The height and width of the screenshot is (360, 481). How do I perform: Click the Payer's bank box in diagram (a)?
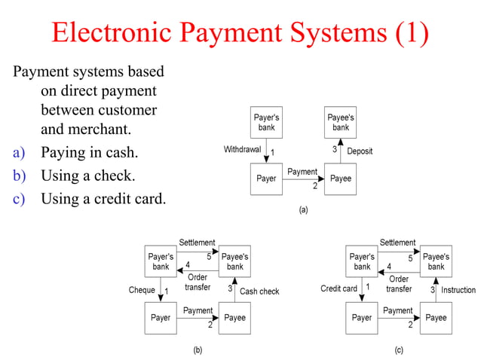pos(267,123)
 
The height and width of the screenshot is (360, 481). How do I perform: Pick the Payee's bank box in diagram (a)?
pos(341,123)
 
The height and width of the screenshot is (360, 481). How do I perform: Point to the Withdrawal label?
pos(242,150)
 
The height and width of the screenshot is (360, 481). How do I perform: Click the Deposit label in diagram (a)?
pos(360,151)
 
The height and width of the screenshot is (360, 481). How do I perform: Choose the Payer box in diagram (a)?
pos(267,179)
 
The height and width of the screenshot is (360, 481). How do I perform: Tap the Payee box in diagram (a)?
pos(341,179)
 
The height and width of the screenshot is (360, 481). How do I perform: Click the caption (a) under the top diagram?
pos(303,210)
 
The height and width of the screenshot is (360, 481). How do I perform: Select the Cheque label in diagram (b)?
pos(142,290)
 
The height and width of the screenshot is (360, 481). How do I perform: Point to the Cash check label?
pos(259,291)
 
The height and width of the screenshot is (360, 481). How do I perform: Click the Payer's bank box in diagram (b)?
pos(161,261)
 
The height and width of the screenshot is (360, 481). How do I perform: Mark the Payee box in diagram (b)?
pos(234,317)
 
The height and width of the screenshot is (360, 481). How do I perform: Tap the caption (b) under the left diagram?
pos(198,349)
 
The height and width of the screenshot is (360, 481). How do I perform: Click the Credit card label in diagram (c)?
pos(339,288)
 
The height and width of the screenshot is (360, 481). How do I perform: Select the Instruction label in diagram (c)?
pos(458,290)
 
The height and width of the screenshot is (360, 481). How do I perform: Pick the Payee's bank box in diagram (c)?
pos(436,261)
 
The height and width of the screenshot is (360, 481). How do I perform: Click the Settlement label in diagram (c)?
pos(397,243)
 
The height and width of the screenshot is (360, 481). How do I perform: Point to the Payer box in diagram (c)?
pos(362,317)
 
